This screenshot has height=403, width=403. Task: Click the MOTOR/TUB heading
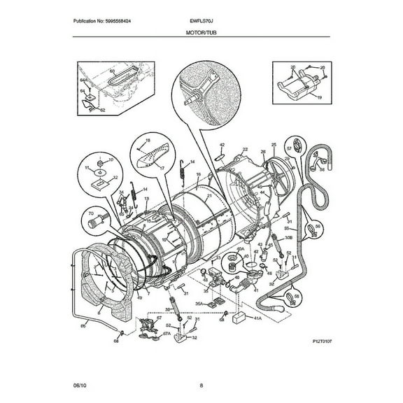[201, 33]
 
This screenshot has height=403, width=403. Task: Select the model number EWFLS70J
[201, 21]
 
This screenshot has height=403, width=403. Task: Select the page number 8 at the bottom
[201, 385]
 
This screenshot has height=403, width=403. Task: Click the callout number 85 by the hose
[85, 326]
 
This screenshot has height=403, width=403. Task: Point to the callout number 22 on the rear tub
[245, 149]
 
